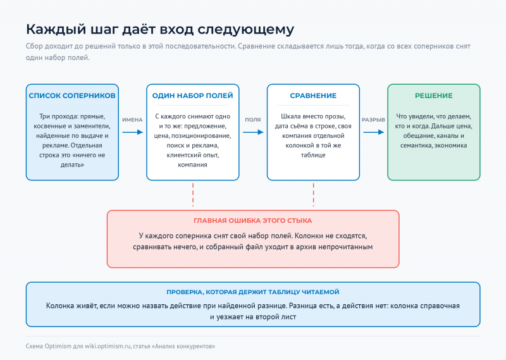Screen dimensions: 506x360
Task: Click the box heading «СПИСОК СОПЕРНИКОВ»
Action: point(72,96)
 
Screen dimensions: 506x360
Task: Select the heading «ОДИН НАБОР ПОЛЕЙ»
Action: point(193,96)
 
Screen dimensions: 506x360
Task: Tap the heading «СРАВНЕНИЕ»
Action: point(313,96)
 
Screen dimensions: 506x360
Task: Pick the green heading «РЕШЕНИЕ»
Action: point(434,96)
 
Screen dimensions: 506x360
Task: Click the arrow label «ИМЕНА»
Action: point(132,120)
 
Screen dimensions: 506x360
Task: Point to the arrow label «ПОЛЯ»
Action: point(252,120)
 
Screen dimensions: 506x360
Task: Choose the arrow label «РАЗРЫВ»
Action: point(373,120)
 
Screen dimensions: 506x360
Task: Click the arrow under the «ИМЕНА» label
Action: point(132,132)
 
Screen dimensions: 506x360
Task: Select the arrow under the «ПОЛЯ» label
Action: point(253,132)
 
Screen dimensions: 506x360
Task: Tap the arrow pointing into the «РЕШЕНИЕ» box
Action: point(373,132)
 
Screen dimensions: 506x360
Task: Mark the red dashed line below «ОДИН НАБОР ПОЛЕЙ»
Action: point(193,195)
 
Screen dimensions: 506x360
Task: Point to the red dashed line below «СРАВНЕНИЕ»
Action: point(313,195)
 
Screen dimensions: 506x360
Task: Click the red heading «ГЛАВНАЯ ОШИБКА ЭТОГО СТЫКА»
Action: point(252,221)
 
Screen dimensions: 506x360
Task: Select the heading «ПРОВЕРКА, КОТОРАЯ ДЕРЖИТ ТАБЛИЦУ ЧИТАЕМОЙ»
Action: point(252,292)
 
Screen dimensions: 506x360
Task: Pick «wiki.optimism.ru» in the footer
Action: point(108,347)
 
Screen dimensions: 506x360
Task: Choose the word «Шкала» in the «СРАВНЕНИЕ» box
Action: point(289,116)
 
